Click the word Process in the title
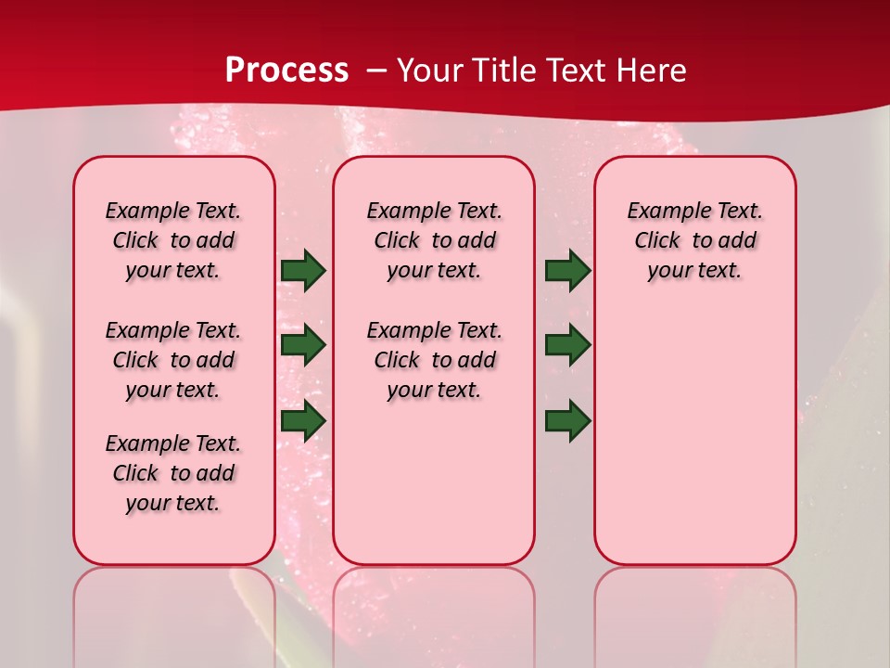click(286, 70)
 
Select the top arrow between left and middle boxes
click(303, 271)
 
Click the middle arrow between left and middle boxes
click(303, 345)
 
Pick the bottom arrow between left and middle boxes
click(303, 421)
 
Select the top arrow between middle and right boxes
click(567, 271)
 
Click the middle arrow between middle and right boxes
click(567, 345)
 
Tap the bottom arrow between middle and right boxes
click(567, 421)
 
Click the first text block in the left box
click(173, 240)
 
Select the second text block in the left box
click(173, 360)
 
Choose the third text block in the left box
click(173, 473)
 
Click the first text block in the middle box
click(434, 240)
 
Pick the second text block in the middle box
click(434, 360)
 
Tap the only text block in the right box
click(694, 240)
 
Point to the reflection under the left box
click(174, 603)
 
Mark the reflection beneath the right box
click(694, 603)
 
